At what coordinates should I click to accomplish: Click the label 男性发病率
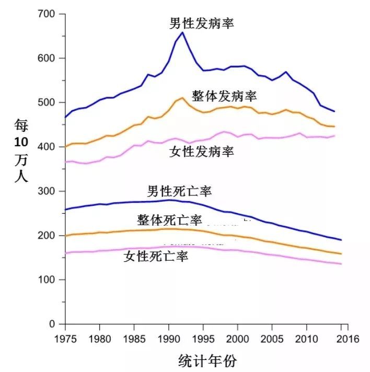tap(202, 24)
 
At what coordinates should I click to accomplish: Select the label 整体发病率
tap(224, 97)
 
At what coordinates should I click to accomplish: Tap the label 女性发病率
tap(202, 152)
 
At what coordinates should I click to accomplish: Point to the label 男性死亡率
tap(179, 191)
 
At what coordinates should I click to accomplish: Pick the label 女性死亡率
tap(156, 256)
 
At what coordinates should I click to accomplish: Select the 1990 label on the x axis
tap(168, 339)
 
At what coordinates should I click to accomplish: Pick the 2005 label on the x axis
tap(271, 339)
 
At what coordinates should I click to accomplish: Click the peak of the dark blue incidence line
tap(182, 32)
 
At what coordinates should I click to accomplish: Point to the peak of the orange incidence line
tap(182, 98)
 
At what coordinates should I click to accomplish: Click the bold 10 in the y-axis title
tap(21, 144)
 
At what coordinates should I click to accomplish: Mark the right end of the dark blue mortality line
tap(340, 240)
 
